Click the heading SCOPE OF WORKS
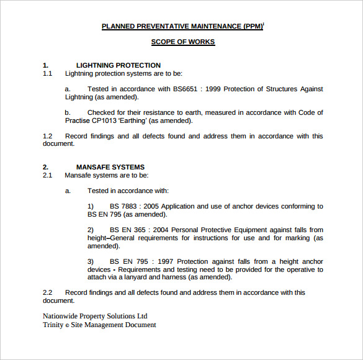(183, 42)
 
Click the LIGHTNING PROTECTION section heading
(118, 65)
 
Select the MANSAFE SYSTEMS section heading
(110, 167)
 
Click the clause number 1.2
(48, 136)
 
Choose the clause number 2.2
(48, 292)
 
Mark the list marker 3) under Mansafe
(91, 261)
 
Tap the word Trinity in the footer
(53, 325)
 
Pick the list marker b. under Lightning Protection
(68, 112)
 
